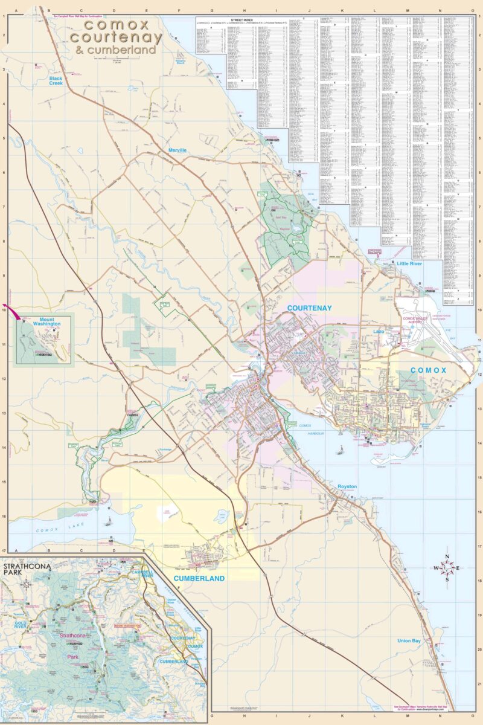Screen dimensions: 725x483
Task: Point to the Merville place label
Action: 178,150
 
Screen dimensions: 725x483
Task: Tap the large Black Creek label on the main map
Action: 56,81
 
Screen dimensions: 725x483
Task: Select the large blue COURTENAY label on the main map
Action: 309,308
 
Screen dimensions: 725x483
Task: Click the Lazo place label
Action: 379,332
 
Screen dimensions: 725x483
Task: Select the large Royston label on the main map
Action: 347,486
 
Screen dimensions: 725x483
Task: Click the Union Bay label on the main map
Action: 409,640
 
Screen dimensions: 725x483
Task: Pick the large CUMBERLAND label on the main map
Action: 199,578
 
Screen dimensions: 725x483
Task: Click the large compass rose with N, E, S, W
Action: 447,568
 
